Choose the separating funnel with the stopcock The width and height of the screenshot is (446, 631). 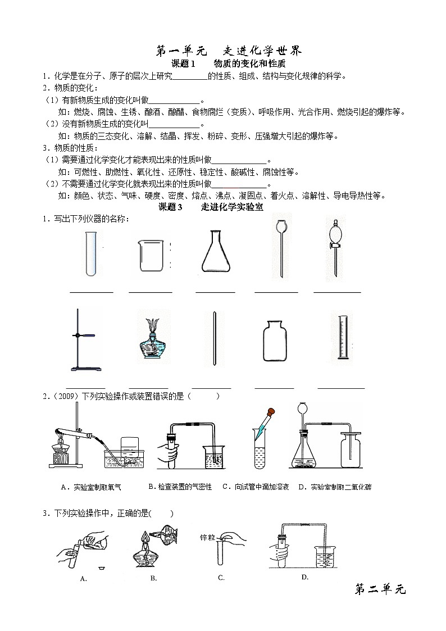335,247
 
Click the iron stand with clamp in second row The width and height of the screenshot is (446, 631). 84,340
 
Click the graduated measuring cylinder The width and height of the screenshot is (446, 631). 343,337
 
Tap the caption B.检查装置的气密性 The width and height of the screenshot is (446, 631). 180,487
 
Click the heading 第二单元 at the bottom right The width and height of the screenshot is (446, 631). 380,589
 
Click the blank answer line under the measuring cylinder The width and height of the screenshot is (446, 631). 341,388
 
